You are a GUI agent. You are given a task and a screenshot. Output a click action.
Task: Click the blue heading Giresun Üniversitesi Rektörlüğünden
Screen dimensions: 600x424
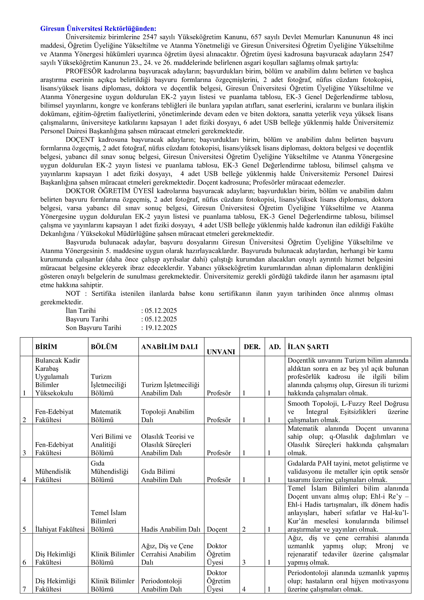(x=98, y=29)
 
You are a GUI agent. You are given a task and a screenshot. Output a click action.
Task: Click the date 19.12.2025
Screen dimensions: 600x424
(x=161, y=328)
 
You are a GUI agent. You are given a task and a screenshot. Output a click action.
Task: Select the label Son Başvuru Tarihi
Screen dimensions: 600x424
(x=93, y=328)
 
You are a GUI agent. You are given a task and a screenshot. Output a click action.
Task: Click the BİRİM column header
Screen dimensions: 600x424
(x=46, y=347)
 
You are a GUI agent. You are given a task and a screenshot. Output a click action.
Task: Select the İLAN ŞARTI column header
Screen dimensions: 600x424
(x=308, y=347)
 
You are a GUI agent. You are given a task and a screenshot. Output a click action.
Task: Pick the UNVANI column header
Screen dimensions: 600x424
(x=221, y=352)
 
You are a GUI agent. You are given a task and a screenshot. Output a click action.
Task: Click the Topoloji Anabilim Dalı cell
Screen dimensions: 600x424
(x=168, y=415)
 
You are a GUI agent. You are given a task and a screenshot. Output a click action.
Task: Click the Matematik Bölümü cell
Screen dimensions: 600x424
(x=106, y=415)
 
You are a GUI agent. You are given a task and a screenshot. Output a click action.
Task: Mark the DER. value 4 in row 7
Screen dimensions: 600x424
(x=244, y=589)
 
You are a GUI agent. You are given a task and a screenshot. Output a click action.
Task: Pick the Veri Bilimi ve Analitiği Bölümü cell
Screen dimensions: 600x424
(x=111, y=445)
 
